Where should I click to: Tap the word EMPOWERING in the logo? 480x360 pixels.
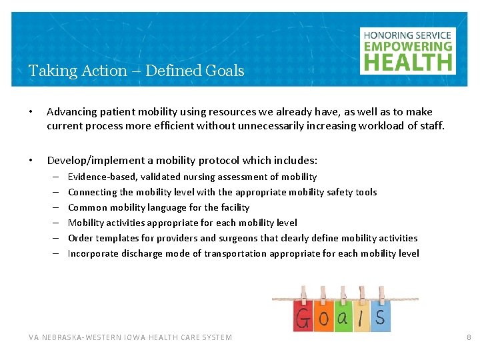pyautogui.click(x=407, y=47)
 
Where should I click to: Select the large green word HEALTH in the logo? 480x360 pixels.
pyautogui.click(x=407, y=62)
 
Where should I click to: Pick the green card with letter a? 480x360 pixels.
pyautogui.click(x=343, y=318)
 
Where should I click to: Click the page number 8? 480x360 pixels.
pyautogui.click(x=468, y=337)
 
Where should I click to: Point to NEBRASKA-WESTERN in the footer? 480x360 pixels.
pyautogui.click(x=88, y=337)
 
